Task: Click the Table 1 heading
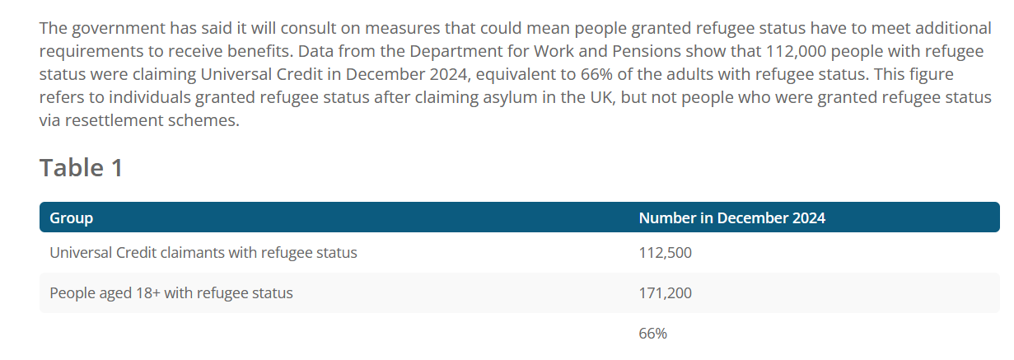[x=81, y=168]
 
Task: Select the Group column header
[x=71, y=218]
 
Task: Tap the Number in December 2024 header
[x=732, y=217]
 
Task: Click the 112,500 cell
[x=665, y=253]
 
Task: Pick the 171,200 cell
[x=665, y=293]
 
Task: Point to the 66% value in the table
[x=652, y=334]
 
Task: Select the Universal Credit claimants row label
[x=203, y=253]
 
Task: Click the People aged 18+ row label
[x=171, y=293]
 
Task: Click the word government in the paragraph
[x=119, y=29]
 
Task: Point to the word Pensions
[x=647, y=51]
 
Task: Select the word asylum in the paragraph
[x=509, y=98]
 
